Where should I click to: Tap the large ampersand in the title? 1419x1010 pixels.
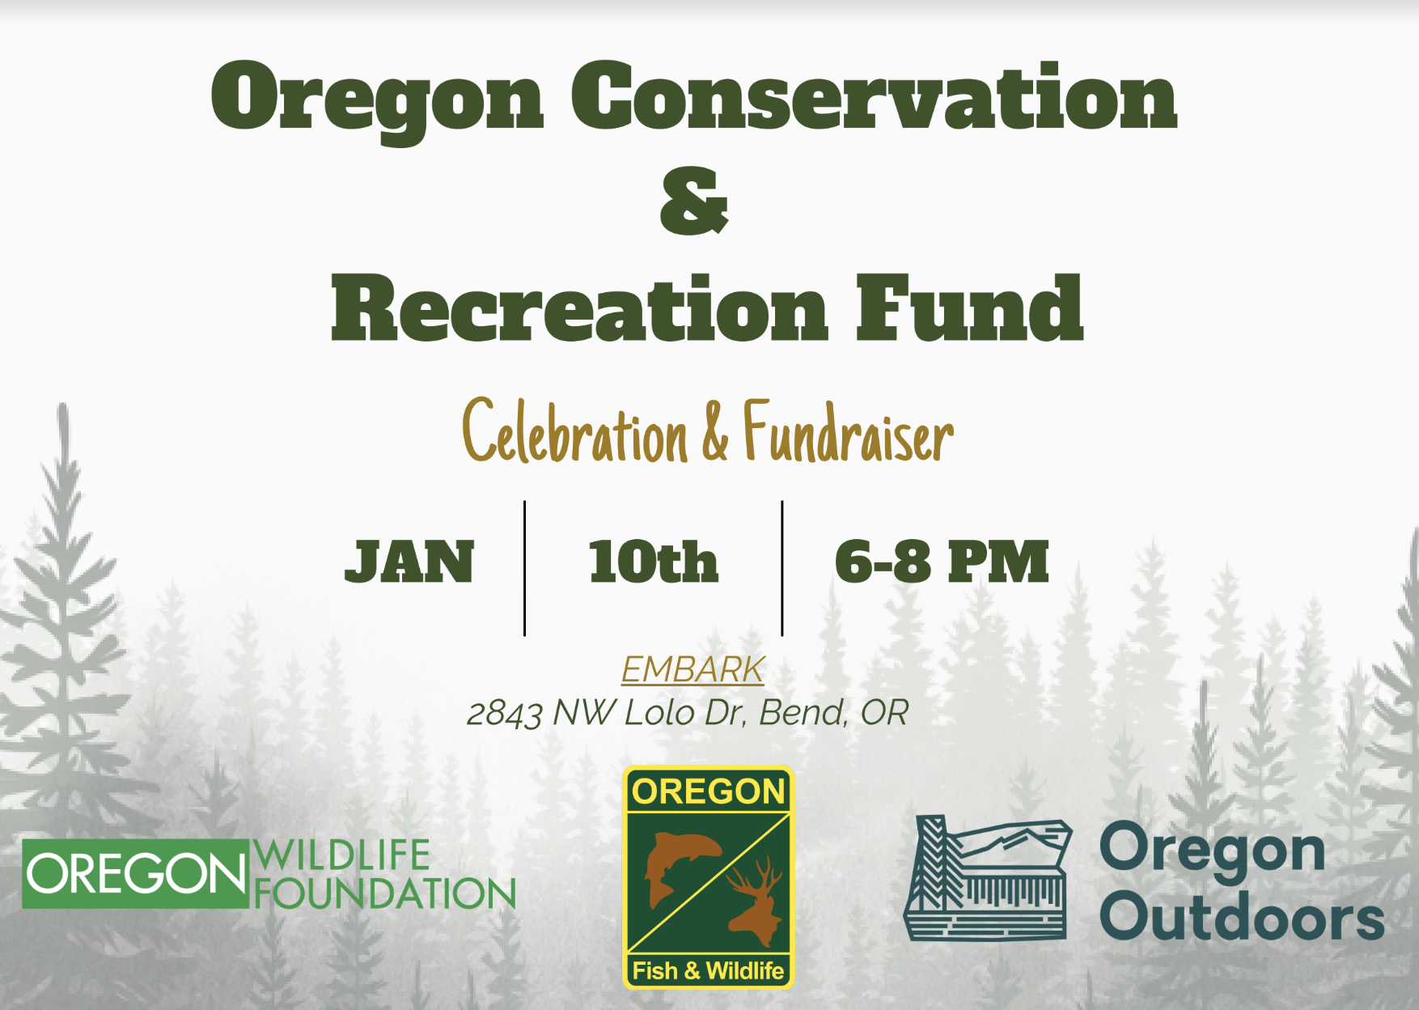coord(694,201)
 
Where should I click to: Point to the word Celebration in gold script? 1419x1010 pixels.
coord(574,433)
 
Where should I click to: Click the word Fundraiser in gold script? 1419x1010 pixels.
coord(848,433)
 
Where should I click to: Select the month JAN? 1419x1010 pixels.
coord(409,562)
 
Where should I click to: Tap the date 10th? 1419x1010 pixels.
coord(654,562)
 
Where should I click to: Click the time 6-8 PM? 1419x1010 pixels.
coord(942,562)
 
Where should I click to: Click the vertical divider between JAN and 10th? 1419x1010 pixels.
coord(524,568)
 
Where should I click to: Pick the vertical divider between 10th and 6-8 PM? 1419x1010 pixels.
coord(782,568)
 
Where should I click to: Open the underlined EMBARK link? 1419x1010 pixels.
coord(693,670)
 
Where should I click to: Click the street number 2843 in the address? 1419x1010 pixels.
coord(504,714)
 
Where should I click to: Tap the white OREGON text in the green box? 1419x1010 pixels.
coord(135,874)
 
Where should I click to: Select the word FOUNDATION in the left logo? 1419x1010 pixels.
coord(385,893)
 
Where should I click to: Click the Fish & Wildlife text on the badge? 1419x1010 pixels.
coord(708,970)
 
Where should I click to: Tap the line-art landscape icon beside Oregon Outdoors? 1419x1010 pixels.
coord(988,878)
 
